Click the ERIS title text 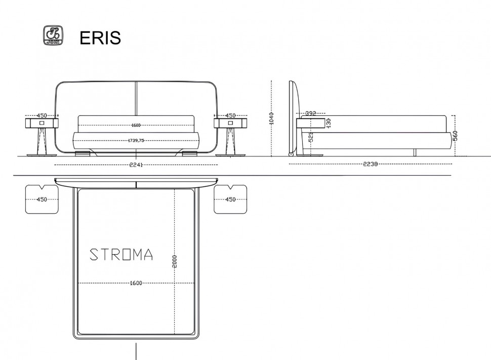pyautogui.click(x=100, y=38)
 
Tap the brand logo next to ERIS pyautogui.click(x=53, y=35)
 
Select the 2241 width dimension pyautogui.click(x=136, y=165)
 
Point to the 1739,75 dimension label pyautogui.click(x=136, y=140)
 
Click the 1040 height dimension pyautogui.click(x=271, y=118)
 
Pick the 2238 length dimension pyautogui.click(x=370, y=164)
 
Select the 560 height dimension pyautogui.click(x=455, y=136)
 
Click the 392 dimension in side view pyautogui.click(x=311, y=113)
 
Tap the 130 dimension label pyautogui.click(x=329, y=123)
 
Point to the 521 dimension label pyautogui.click(x=311, y=137)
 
